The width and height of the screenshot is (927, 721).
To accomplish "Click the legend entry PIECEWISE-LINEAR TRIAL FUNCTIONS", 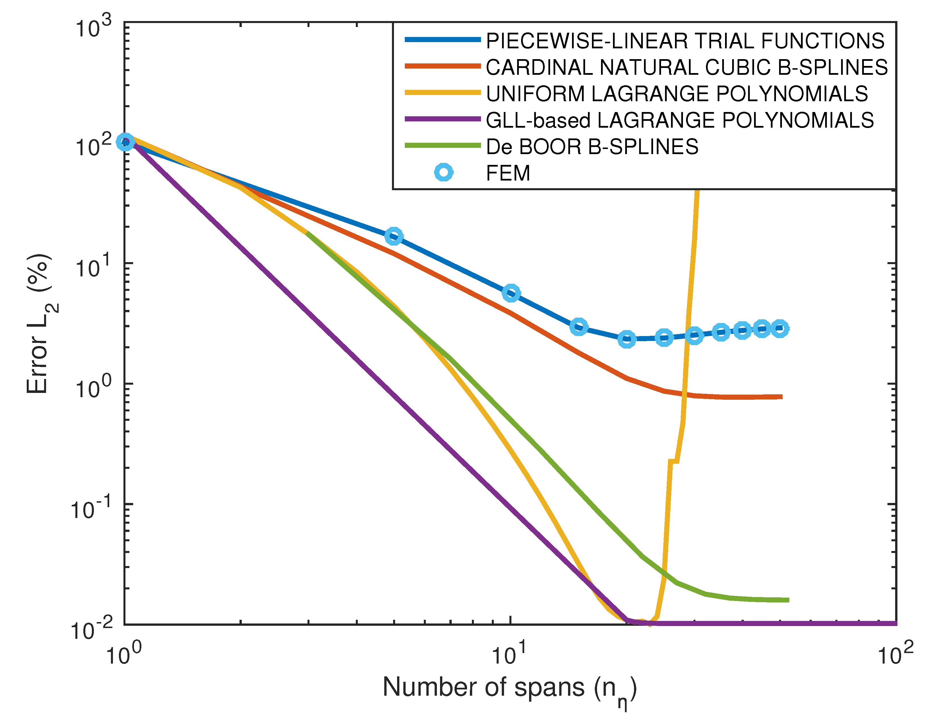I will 685,41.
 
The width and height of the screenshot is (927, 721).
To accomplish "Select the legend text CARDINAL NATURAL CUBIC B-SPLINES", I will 686,67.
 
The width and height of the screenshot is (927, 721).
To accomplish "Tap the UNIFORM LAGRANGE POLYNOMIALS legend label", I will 677,94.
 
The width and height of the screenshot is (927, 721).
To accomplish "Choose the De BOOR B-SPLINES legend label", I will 592,147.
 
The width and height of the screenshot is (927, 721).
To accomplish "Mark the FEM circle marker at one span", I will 125,142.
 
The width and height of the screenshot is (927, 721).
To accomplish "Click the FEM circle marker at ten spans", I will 511,293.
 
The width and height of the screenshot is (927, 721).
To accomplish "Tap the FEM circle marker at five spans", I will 394,236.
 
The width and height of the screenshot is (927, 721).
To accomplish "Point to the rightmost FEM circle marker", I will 780,328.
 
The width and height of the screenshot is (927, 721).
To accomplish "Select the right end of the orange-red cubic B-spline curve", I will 781,397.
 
